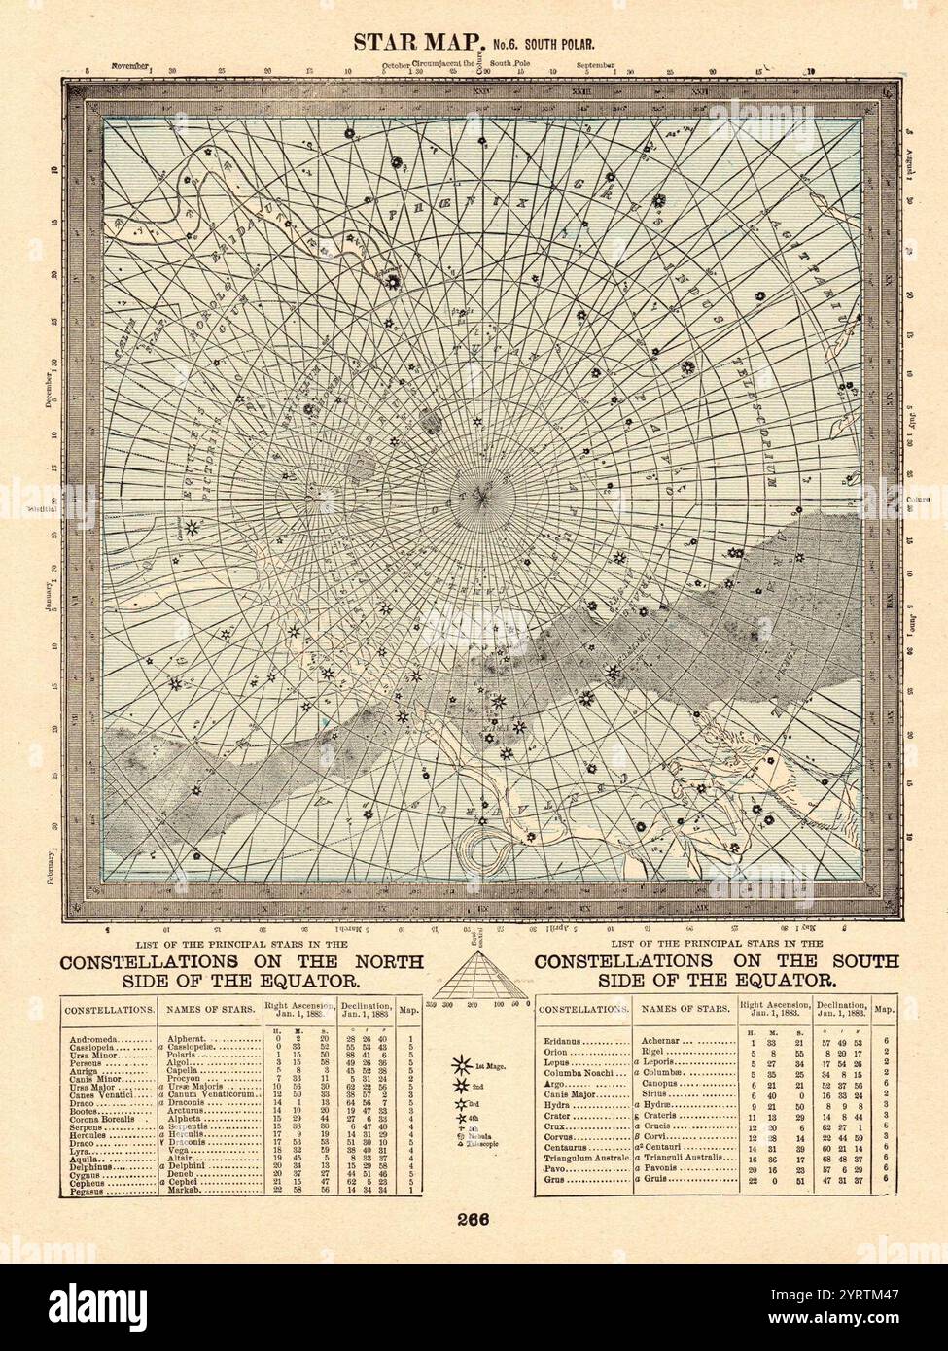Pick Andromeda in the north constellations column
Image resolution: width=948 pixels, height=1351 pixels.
[x=95, y=1040]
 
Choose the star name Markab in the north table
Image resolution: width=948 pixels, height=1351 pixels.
[x=185, y=1190]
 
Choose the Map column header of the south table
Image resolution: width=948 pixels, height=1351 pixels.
[x=885, y=1009]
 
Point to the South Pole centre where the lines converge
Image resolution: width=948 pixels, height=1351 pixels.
[x=480, y=497]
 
